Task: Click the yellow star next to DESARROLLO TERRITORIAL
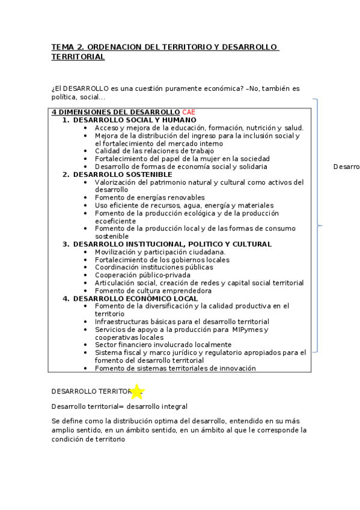137,392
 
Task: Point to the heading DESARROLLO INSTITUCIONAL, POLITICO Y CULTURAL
172,244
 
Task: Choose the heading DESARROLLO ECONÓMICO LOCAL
135,298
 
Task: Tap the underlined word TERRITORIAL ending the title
78,57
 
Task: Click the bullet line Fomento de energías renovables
150,197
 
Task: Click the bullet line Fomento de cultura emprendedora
153,290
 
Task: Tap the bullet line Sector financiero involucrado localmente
163,345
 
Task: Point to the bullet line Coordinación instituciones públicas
153,267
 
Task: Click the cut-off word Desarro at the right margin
346,167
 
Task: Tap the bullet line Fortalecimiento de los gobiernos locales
162,260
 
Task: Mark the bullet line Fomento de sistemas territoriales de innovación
175,368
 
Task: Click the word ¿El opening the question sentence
57,88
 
